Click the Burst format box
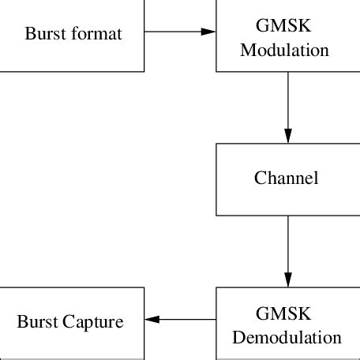pyautogui.click(x=72, y=35)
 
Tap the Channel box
pyautogui.click(x=287, y=178)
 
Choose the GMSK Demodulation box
pyautogui.click(x=287, y=324)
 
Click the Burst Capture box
pyautogui.click(x=72, y=322)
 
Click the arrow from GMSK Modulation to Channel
pyautogui.click(x=288, y=107)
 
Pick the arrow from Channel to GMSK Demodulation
pyautogui.click(x=288, y=251)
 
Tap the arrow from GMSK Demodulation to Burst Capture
pyautogui.click(x=180, y=320)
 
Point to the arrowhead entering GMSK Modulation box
pyautogui.click(x=208, y=32)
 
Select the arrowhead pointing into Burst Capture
pyautogui.click(x=152, y=320)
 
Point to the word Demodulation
pyautogui.click(x=287, y=338)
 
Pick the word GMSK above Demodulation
pyautogui.click(x=287, y=310)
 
